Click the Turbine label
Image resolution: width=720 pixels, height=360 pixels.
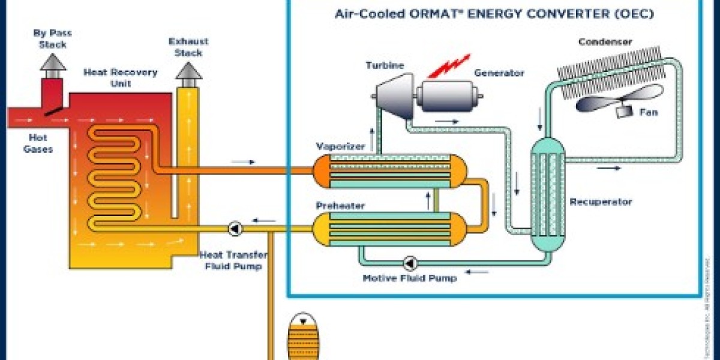(x=385, y=66)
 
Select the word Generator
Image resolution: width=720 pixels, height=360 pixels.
(x=499, y=73)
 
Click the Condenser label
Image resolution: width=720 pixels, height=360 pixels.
(x=605, y=42)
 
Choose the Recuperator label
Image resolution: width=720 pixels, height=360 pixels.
(x=601, y=202)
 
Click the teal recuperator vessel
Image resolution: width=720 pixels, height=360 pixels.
(x=547, y=192)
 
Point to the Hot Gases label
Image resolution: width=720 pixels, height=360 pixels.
(x=38, y=143)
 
